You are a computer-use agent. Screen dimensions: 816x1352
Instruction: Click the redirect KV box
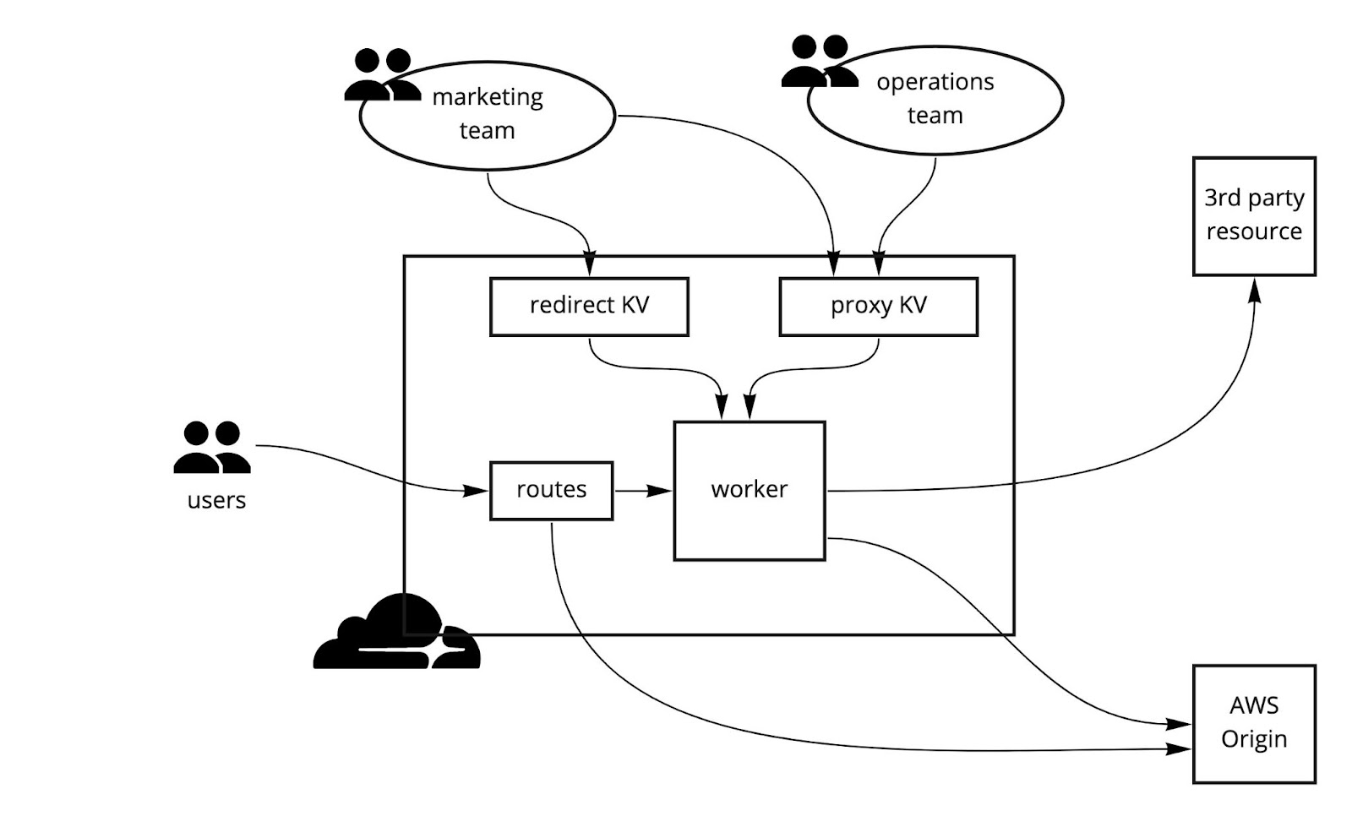pyautogui.click(x=589, y=306)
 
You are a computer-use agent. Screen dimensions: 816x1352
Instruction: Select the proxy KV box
pyautogui.click(x=878, y=306)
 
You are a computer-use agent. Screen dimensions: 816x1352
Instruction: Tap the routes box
pyautogui.click(x=551, y=490)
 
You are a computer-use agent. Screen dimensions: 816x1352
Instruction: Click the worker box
pyautogui.click(x=749, y=490)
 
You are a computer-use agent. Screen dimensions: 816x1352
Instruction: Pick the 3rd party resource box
pyautogui.click(x=1254, y=215)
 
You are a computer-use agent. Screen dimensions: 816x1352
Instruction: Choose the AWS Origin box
pyautogui.click(x=1254, y=723)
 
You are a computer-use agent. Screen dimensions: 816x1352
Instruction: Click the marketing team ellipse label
pyautogui.click(x=488, y=113)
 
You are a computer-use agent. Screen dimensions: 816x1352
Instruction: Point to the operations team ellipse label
pyautogui.click(x=935, y=99)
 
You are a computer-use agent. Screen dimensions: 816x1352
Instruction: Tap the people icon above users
pyautogui.click(x=212, y=448)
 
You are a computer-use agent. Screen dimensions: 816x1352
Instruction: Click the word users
pyautogui.click(x=216, y=500)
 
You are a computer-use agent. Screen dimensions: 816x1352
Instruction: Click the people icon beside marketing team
pyautogui.click(x=382, y=75)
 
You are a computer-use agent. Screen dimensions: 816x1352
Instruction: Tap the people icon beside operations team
pyautogui.click(x=819, y=62)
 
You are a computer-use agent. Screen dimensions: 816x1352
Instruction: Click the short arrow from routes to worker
pyautogui.click(x=642, y=490)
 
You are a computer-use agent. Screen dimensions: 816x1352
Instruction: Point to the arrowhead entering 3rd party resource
pyautogui.click(x=1255, y=291)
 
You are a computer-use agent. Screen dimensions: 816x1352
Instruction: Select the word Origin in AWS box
pyautogui.click(x=1254, y=739)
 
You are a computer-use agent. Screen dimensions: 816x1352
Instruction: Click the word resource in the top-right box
pyautogui.click(x=1254, y=231)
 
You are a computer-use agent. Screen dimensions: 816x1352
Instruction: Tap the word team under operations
pyautogui.click(x=935, y=116)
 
